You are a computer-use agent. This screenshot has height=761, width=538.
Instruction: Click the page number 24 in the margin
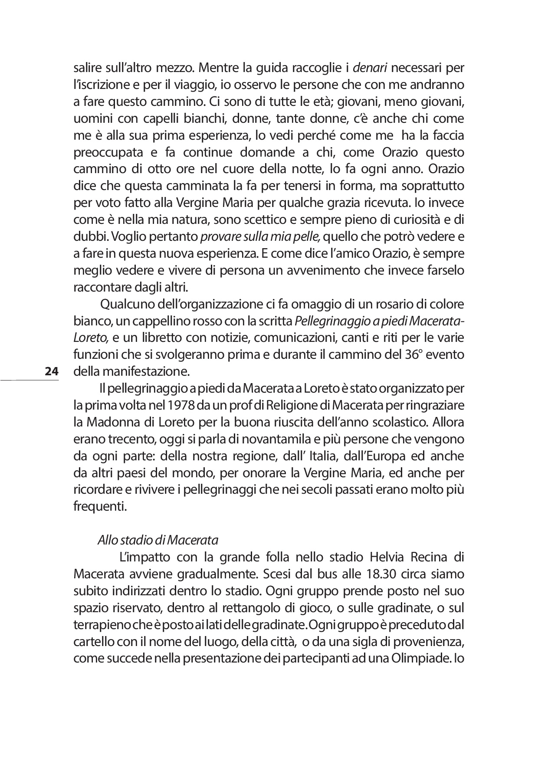tap(51, 371)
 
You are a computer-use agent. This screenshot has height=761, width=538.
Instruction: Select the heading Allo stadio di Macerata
tap(157, 541)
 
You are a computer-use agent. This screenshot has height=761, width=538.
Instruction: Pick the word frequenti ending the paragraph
tap(100, 506)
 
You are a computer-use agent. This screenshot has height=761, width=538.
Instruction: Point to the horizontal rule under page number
tap(30, 380)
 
